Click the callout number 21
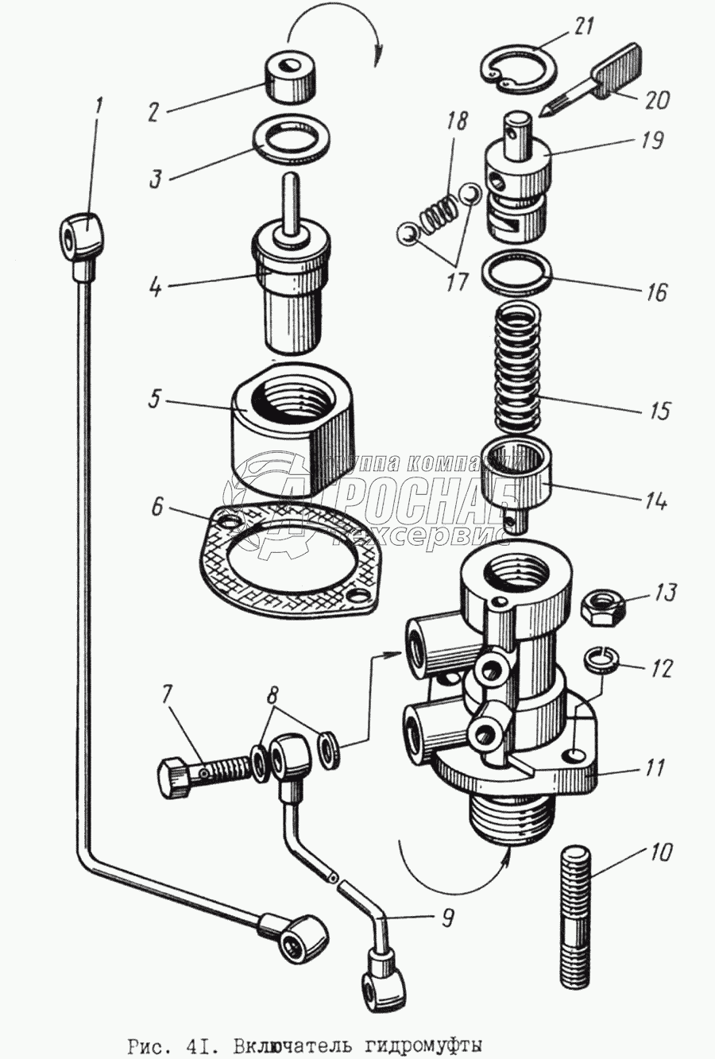pyautogui.click(x=583, y=27)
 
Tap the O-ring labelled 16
pyautogui.click(x=516, y=272)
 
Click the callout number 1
pyautogui.click(x=99, y=105)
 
